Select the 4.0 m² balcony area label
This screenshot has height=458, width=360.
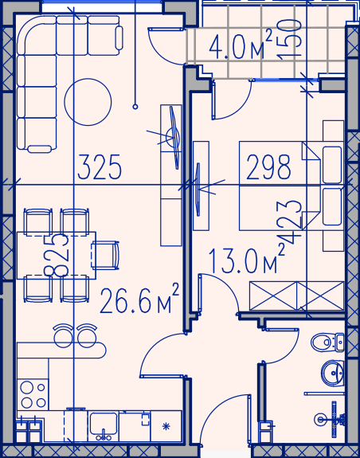241,45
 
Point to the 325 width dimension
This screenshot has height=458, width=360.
100,166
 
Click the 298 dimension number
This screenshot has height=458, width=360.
268,166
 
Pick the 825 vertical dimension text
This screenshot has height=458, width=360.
57,255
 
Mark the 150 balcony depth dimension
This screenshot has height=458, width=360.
289,39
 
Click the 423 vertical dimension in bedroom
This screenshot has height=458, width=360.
288,222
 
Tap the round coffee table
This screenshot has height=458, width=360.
88,102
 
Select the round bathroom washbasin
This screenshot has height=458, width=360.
332,373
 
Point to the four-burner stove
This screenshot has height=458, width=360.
33,395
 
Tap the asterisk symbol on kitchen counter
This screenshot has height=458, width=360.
166,426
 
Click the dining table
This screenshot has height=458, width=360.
57,256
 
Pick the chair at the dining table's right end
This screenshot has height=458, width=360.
105,255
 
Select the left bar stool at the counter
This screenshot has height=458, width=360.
63,335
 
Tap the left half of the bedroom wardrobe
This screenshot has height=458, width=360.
273,296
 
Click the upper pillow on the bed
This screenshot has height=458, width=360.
332,165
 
